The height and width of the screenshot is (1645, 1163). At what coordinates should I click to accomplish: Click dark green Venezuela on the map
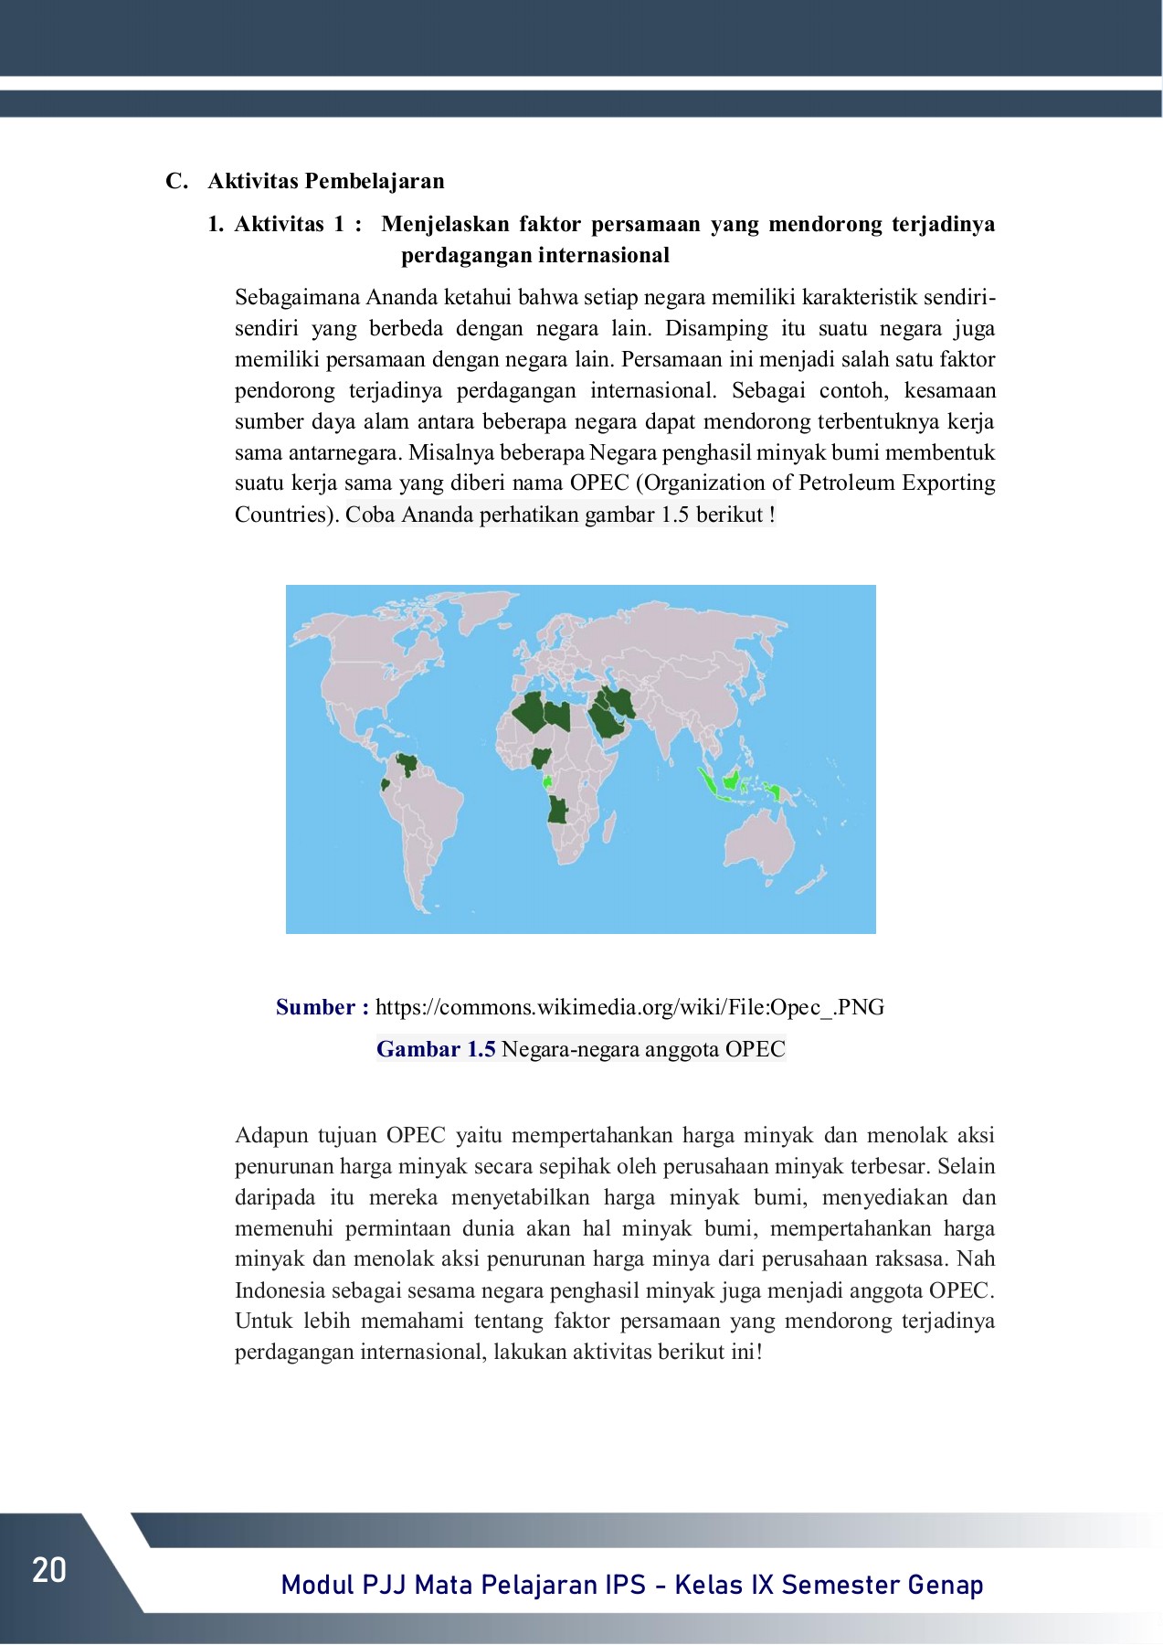point(406,762)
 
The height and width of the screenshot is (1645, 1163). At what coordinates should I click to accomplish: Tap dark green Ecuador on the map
point(386,784)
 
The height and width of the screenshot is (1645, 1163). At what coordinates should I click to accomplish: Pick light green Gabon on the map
point(547,782)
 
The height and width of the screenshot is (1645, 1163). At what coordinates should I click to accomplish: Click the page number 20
point(49,1570)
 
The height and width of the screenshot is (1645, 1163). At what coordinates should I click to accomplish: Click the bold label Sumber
point(315,1007)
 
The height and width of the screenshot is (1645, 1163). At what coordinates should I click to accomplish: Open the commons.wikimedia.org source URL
point(629,1007)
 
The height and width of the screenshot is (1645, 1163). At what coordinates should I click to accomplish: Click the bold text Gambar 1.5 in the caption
point(436,1049)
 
